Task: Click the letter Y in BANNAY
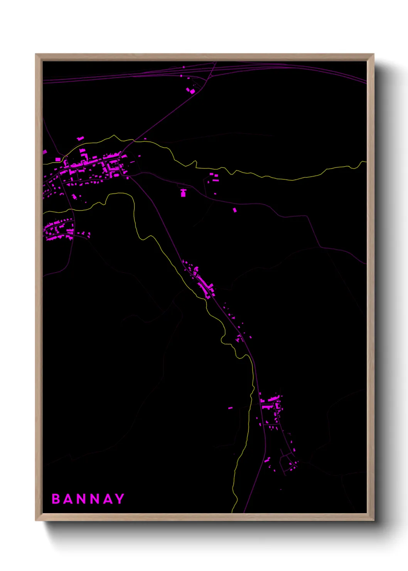[120, 499]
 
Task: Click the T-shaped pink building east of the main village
[183, 193]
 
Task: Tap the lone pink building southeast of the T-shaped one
[234, 210]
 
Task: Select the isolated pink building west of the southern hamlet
[230, 407]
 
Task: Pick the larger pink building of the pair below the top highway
[192, 91]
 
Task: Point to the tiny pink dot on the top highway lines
[184, 67]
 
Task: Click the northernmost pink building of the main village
[80, 138]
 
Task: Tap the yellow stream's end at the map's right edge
[366, 162]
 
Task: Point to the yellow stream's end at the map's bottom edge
[232, 512]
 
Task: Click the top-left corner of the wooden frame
[36, 54]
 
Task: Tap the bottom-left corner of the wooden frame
[36, 520]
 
